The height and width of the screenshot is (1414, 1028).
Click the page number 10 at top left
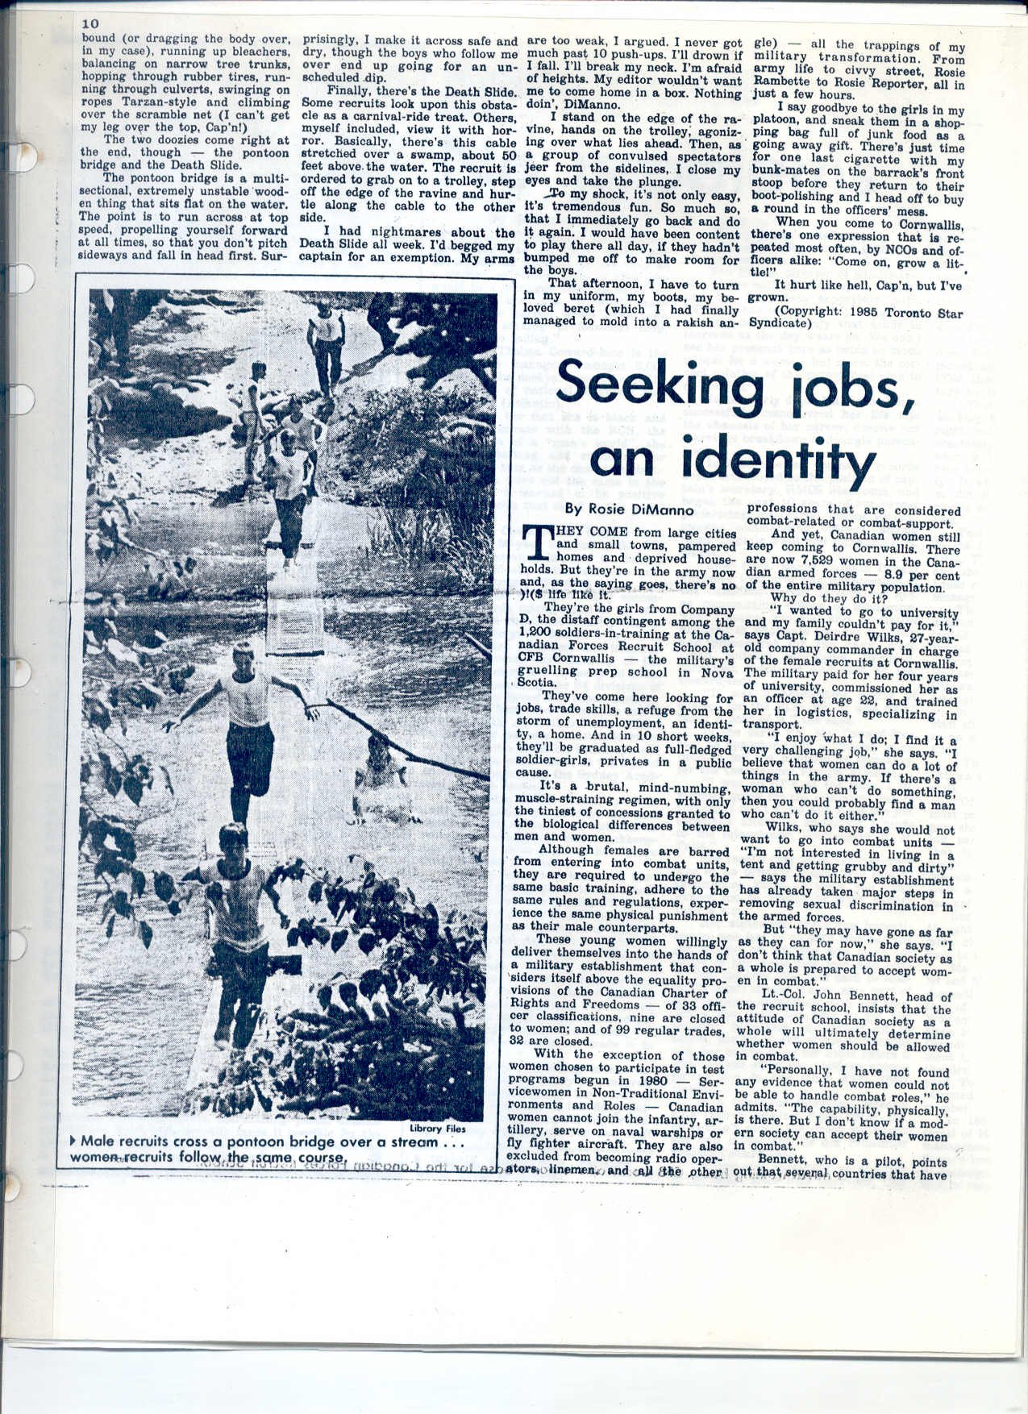pyautogui.click(x=89, y=24)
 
